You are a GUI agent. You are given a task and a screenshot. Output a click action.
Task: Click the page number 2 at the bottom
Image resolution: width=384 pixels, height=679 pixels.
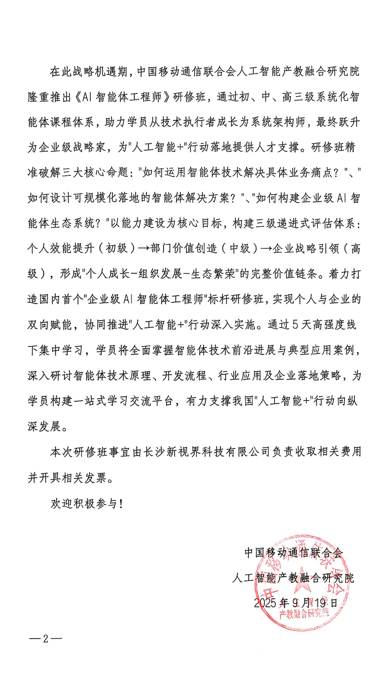(x=46, y=639)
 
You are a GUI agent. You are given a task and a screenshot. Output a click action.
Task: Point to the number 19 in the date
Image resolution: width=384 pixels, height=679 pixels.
(x=321, y=603)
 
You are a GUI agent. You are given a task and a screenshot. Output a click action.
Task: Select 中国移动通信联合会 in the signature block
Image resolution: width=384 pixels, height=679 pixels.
(x=293, y=553)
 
